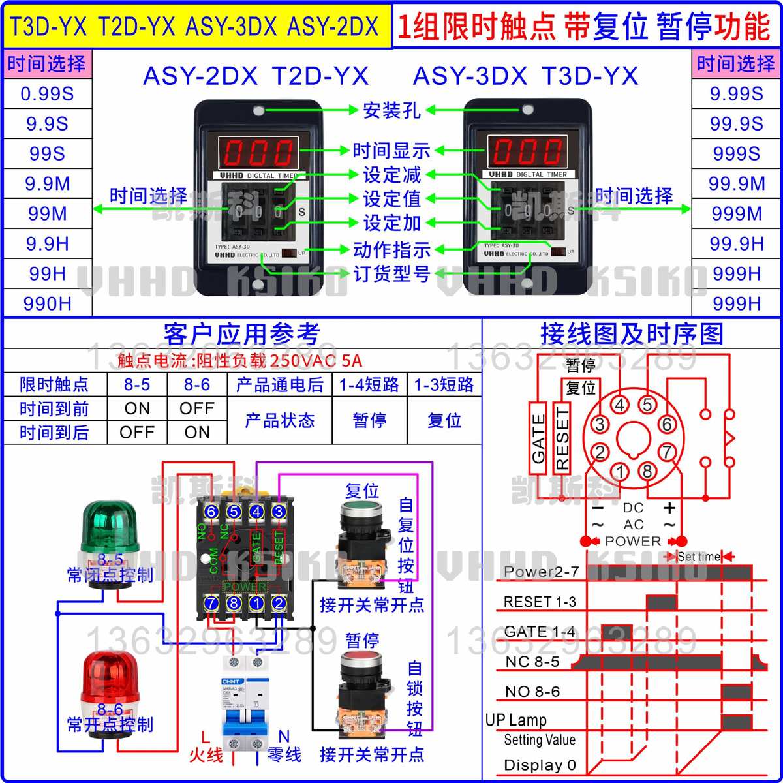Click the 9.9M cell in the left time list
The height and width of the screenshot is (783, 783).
47,184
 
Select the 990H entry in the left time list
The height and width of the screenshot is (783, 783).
47,303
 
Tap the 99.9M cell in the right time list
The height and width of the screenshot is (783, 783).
737,184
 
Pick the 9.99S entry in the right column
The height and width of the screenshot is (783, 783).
737,94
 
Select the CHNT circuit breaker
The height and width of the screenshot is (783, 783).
245,705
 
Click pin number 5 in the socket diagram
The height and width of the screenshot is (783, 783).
647,405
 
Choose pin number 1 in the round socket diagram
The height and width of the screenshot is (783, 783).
621,472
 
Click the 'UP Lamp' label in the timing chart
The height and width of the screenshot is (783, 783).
516,720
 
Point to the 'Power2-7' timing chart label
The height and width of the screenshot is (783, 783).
541,572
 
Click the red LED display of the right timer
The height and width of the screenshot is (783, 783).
527,151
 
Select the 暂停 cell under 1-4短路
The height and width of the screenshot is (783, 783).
369,421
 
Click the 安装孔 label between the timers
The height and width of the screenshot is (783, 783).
391,110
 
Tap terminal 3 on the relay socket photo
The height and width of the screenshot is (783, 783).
279,512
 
